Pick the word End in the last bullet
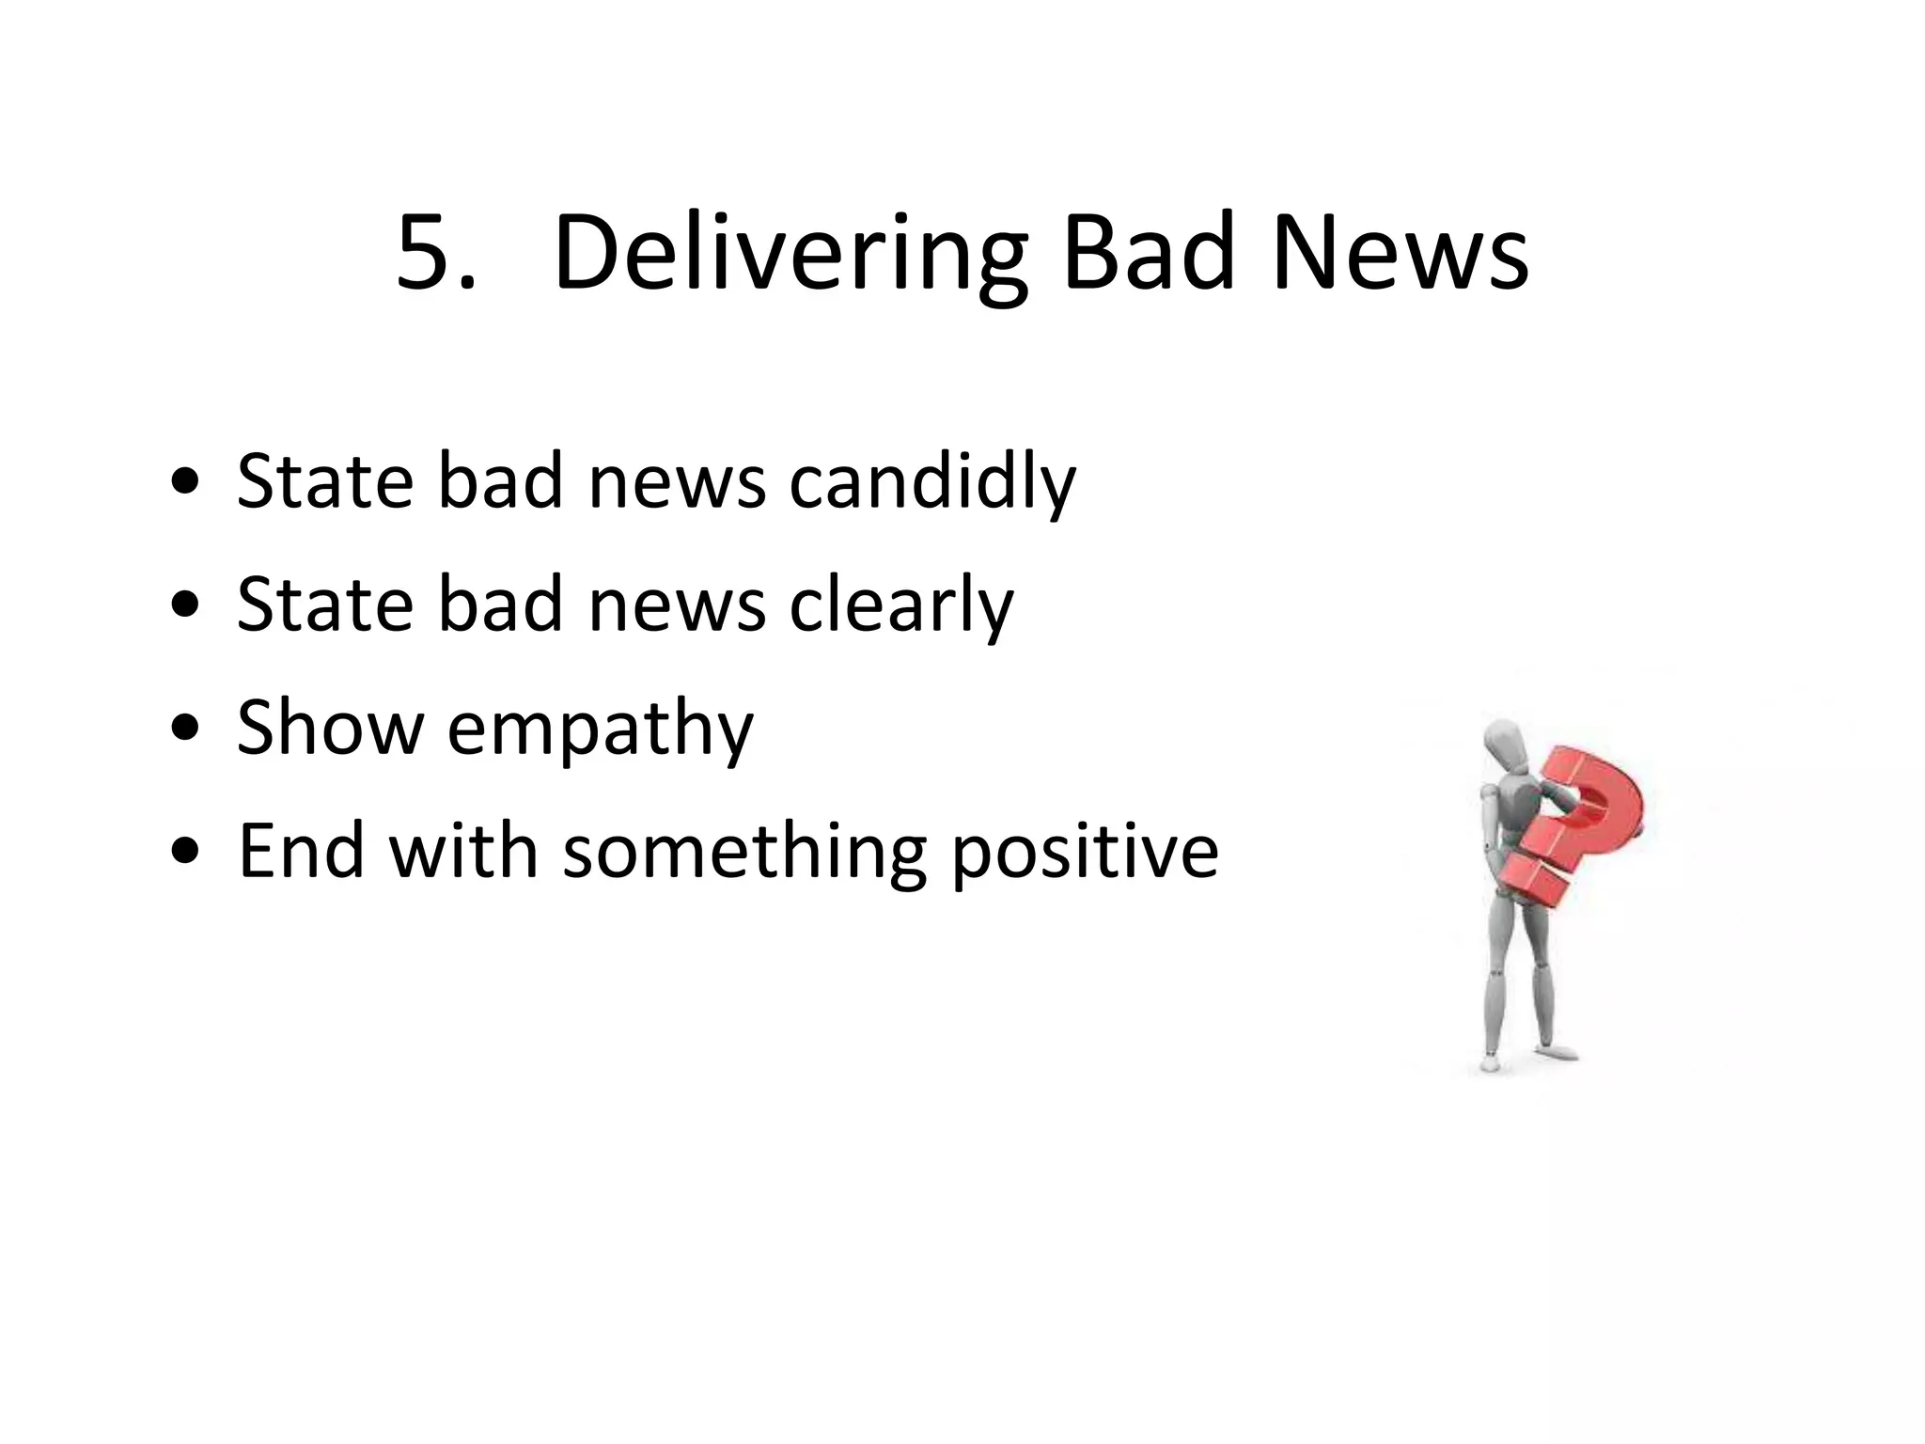point(301,851)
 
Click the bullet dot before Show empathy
point(186,730)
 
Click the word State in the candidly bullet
point(325,481)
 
